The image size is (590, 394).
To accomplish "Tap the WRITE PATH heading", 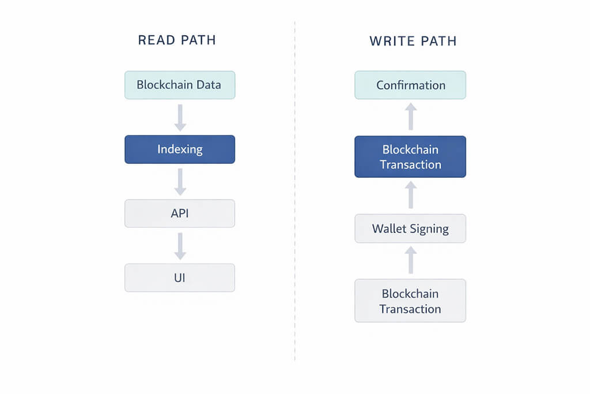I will tap(413, 41).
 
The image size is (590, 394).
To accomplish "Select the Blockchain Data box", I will tap(180, 85).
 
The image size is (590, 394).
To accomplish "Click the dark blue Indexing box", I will tap(180, 149).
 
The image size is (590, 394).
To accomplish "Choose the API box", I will tap(180, 213).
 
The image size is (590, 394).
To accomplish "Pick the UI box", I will tap(180, 277).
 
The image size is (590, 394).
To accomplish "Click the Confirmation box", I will tap(410, 85).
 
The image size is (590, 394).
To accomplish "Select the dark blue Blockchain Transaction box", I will tap(410, 157).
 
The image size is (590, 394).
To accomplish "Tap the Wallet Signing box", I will tap(410, 228).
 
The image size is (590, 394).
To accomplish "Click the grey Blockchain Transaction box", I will tap(410, 301).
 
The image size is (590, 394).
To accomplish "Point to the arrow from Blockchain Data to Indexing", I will tap(180, 117).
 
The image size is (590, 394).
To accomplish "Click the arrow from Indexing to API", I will tap(180, 181).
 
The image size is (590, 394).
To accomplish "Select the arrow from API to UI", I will tap(180, 246).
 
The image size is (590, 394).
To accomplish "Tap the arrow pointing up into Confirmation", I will tap(410, 117).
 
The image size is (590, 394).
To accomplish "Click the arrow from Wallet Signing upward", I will tap(410, 195).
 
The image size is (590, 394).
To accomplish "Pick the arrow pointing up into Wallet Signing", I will tap(410, 260).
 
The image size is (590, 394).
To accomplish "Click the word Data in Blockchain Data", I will tap(208, 85).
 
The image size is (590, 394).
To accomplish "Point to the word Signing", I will tap(429, 229).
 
